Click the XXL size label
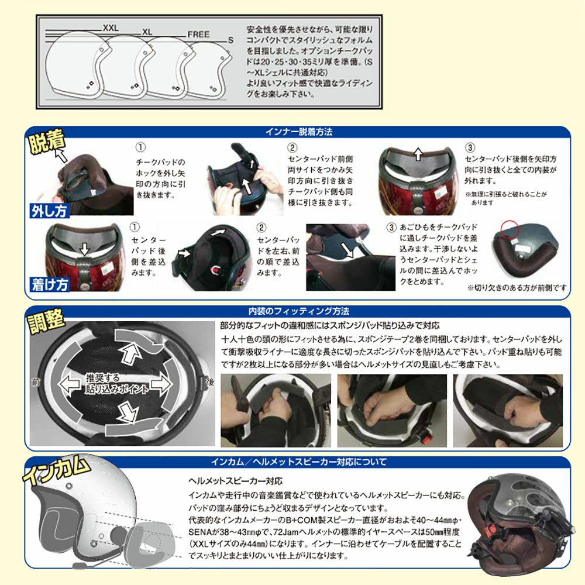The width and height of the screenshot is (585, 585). (x=111, y=27)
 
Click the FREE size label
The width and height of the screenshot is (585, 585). (x=198, y=35)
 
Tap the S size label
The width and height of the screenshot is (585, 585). (x=230, y=40)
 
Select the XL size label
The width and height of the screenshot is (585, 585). (x=147, y=32)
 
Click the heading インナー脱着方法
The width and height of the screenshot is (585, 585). (x=298, y=132)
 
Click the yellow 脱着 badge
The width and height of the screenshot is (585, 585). (x=47, y=142)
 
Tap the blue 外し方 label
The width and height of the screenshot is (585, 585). (x=49, y=211)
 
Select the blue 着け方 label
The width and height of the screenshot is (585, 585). (x=50, y=284)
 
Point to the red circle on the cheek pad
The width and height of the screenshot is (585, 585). (x=510, y=229)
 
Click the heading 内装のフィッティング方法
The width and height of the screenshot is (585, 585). (x=298, y=311)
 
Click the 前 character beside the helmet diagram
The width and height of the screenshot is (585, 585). (x=36, y=382)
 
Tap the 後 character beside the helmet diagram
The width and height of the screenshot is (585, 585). (x=210, y=382)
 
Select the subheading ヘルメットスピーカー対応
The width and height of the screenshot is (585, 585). (x=235, y=481)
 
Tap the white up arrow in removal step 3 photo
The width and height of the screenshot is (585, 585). (x=418, y=154)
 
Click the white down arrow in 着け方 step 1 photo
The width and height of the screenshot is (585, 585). (x=85, y=249)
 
